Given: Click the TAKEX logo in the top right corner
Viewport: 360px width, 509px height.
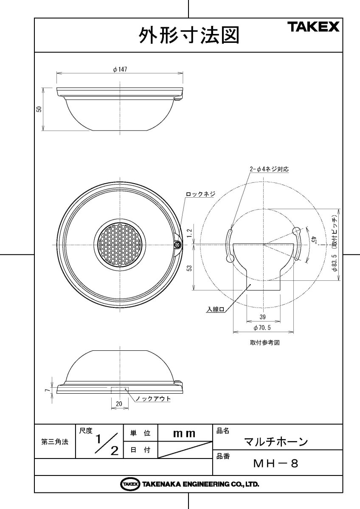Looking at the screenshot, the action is pyautogui.click(x=314, y=27).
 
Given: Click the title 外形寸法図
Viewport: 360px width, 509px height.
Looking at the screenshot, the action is pyautogui.click(x=189, y=35).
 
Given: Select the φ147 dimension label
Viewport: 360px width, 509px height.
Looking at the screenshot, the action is pyautogui.click(x=120, y=69).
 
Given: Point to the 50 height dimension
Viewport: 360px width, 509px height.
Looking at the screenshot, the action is pyautogui.click(x=39, y=109).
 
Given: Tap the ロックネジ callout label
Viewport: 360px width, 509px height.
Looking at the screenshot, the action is pyautogui.click(x=200, y=194).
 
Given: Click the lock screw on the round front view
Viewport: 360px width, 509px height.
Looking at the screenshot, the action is pyautogui.click(x=177, y=245).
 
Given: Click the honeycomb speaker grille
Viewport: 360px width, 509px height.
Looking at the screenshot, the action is pyautogui.click(x=120, y=245).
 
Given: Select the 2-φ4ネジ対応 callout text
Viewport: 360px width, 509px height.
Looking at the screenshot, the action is pyautogui.click(x=269, y=169).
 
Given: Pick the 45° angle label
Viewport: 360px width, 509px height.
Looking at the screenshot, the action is pyautogui.click(x=314, y=241).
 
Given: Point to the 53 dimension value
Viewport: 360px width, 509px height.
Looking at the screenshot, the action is pyautogui.click(x=189, y=268).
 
